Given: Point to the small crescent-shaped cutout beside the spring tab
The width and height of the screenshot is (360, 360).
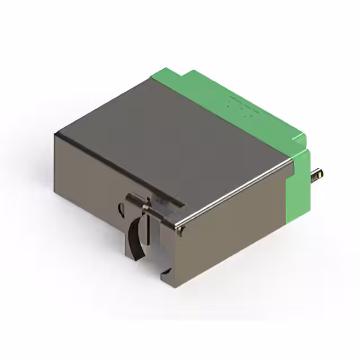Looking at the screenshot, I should click(121, 210).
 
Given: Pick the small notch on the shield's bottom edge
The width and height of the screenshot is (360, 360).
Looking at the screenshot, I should click(165, 274).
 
